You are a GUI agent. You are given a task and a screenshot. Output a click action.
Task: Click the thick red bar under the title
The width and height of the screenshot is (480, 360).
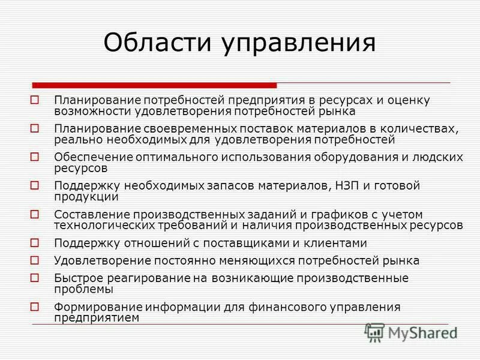[154, 85]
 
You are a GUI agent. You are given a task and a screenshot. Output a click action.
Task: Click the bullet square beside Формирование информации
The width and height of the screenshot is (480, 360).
[35, 307]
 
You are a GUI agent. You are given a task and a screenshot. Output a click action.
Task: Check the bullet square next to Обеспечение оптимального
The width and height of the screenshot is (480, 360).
[35, 157]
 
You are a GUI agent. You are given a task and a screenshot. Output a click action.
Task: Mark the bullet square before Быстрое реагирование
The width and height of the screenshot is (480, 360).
[35, 278]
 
